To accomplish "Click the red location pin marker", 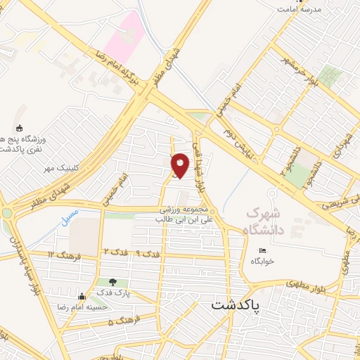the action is tap(181, 165).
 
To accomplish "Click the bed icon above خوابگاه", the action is tap(263, 251).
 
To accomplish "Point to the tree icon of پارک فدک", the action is tap(113, 282).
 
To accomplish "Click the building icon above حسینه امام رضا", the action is tap(82, 297).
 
